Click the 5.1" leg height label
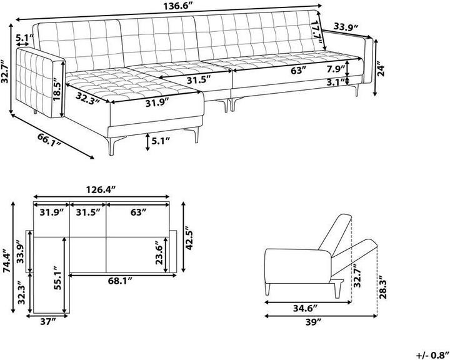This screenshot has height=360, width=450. tap(159, 141)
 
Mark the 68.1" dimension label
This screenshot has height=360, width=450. tap(120, 281)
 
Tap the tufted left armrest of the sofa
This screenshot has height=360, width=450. tap(34, 81)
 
